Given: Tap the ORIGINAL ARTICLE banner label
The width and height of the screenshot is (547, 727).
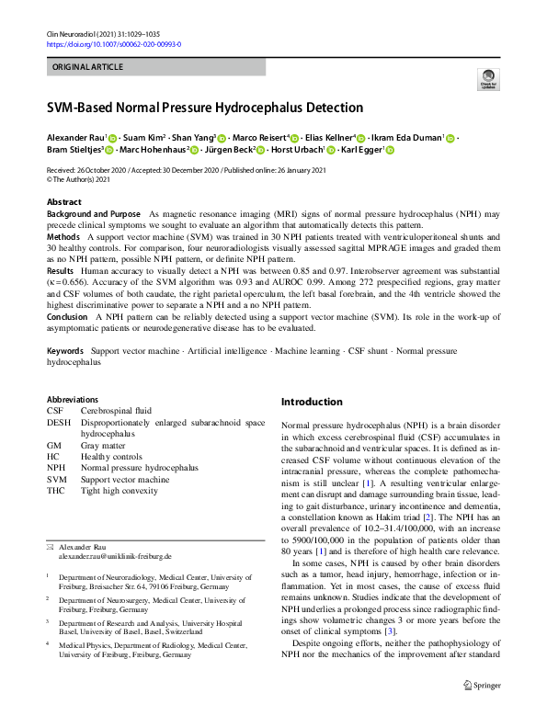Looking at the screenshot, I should [88, 68].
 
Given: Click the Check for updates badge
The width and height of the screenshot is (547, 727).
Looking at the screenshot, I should [486, 82].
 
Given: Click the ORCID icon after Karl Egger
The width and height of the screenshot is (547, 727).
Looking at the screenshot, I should [389, 150].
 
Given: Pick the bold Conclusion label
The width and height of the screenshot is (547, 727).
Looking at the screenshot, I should [68, 316].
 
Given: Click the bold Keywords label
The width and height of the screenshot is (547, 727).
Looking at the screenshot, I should [65, 352].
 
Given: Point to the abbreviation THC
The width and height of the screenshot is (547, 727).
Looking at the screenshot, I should [57, 491].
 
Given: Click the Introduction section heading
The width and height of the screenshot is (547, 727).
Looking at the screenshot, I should [311, 403].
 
